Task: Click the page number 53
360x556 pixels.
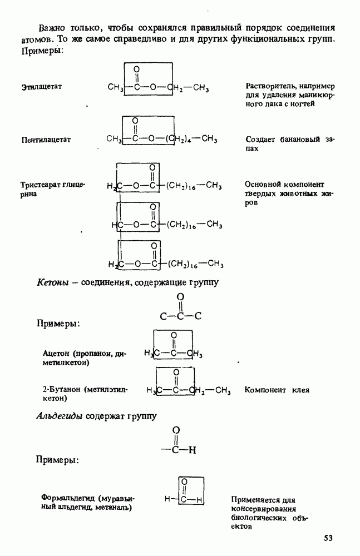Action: point(328,538)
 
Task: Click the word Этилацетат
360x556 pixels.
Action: point(41,87)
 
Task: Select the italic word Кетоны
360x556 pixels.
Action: point(52,283)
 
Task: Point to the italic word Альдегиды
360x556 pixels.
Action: point(60,416)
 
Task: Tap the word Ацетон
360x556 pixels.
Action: point(56,354)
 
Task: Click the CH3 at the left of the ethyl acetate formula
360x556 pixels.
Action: point(115,87)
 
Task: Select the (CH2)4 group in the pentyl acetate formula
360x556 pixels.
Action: point(182,140)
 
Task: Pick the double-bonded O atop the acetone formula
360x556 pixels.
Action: point(174,335)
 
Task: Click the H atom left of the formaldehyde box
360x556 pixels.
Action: point(167,499)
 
